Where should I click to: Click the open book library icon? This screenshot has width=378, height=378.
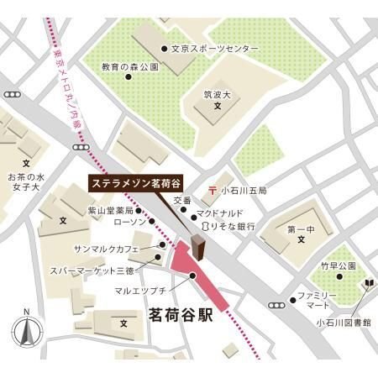tap(367, 286)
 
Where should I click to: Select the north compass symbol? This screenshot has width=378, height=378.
tap(26, 332)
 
